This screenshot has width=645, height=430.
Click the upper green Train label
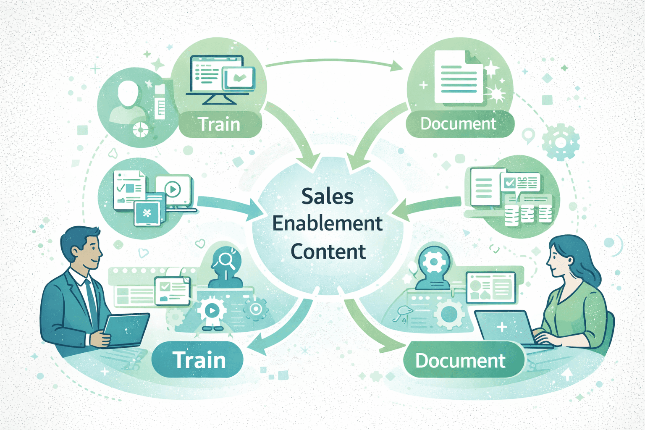[x=219, y=124]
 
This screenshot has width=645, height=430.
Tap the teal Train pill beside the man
[x=198, y=360]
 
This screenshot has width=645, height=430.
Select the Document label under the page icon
[x=459, y=124]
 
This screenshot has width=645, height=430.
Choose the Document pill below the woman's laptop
[x=461, y=361]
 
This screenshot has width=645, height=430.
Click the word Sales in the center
[x=328, y=197]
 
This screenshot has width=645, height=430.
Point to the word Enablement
[x=328, y=223]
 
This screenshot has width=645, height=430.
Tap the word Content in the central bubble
[x=328, y=252]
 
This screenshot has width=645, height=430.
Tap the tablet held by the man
[x=126, y=330]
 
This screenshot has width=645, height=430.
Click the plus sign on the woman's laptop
[x=502, y=327]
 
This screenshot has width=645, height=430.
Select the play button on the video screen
[x=172, y=189]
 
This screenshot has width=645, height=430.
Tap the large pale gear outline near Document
[x=561, y=142]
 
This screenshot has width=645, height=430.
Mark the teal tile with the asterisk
[x=147, y=213]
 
